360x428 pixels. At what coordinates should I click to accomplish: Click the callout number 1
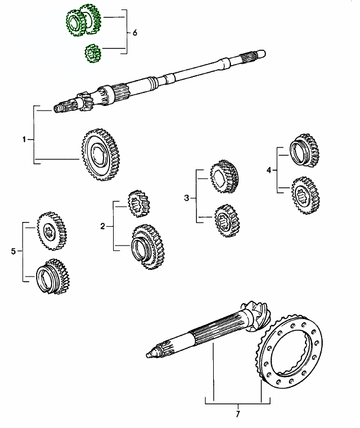pyautogui.click(x=24, y=140)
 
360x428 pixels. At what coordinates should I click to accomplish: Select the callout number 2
pyautogui.click(x=102, y=227)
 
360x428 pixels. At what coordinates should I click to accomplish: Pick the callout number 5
pyautogui.click(x=13, y=252)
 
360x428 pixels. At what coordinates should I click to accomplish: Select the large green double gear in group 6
pyautogui.click(x=83, y=22)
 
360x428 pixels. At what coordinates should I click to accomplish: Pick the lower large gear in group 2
pyautogui.click(x=147, y=245)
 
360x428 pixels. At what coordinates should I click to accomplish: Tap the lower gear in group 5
pyautogui.click(x=53, y=276)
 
